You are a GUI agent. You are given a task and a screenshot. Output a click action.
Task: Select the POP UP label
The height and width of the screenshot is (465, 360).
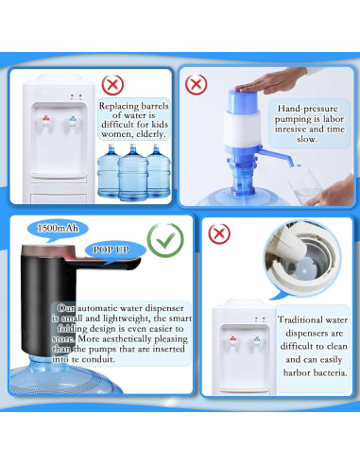[111, 250]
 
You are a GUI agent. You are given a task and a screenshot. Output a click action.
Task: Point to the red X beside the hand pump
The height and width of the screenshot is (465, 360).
[196, 84]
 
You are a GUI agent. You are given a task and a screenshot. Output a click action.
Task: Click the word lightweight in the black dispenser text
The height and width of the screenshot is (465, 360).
[117, 319]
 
